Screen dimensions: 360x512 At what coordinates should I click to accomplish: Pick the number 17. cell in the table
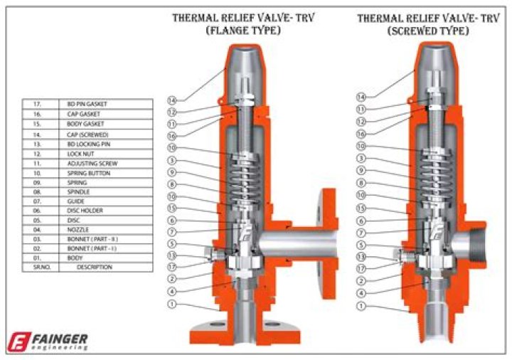38,104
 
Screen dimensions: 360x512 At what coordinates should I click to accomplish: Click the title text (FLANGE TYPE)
243,31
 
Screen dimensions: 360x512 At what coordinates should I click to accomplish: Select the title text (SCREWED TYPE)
427,31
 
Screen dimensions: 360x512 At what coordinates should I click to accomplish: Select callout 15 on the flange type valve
172,208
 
